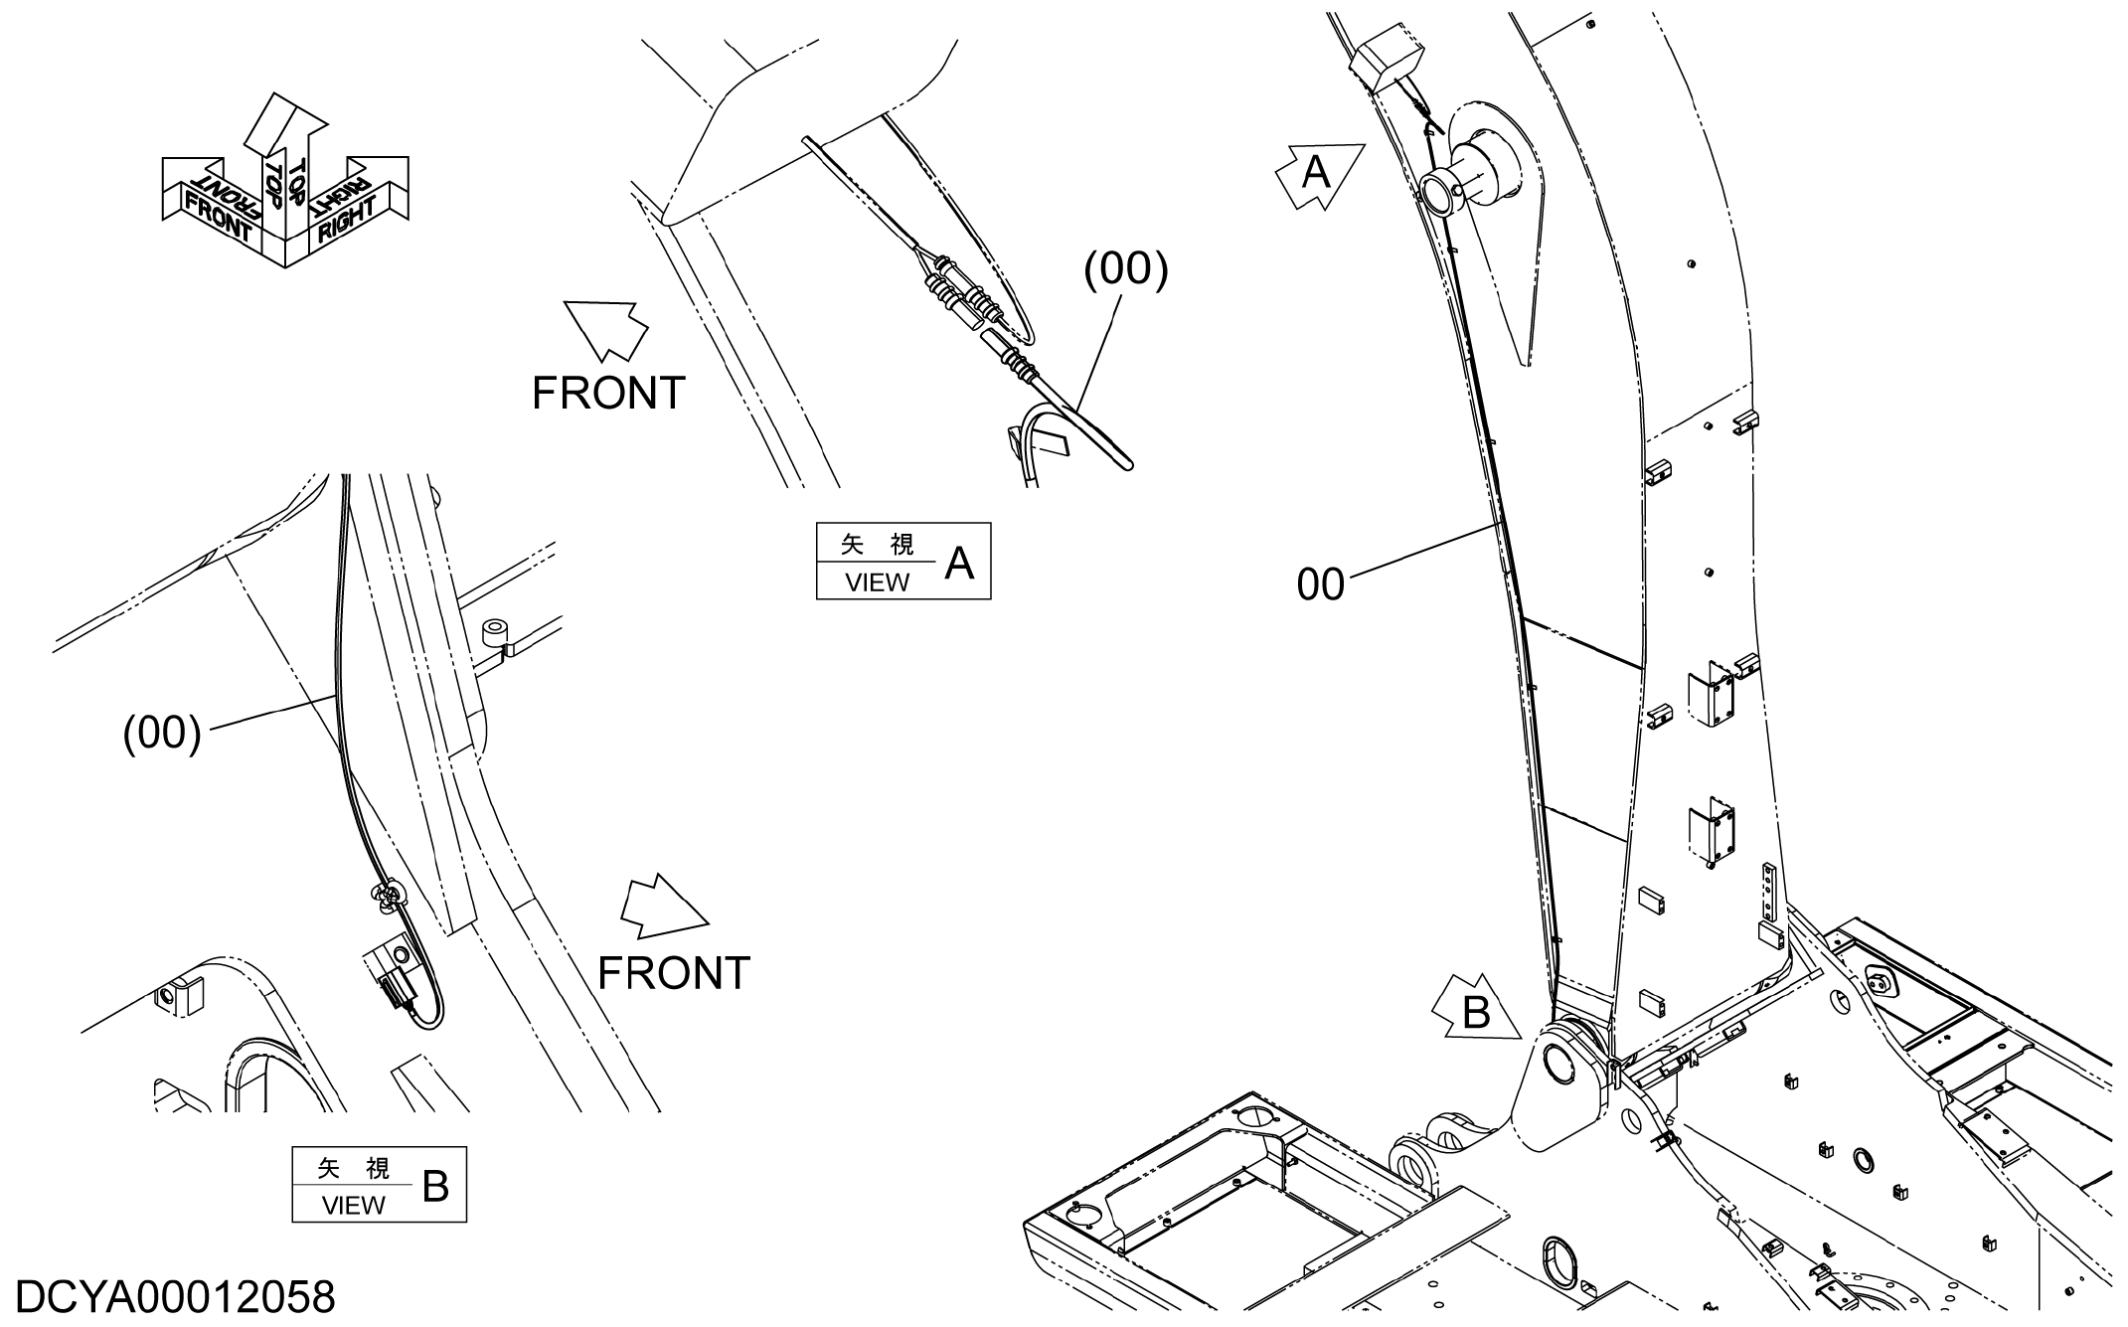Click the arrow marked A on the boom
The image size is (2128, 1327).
tap(1319, 175)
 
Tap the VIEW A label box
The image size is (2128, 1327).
tap(903, 561)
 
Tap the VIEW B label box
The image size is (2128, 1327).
tap(379, 1185)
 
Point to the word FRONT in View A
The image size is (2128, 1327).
tap(608, 394)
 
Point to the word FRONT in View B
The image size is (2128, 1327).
tap(674, 973)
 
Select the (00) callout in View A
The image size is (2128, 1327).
tap(1125, 269)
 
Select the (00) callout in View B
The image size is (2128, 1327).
tap(162, 734)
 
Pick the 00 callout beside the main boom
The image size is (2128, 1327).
tap(1320, 585)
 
